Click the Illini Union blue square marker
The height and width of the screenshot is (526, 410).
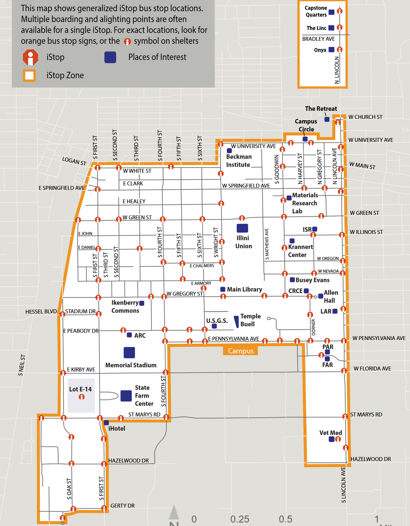point(242,228)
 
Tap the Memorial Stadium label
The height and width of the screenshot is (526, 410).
point(131,365)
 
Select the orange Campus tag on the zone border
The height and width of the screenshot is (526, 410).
point(241,351)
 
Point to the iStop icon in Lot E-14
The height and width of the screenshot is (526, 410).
point(82,397)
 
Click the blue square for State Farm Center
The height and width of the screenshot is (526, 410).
point(126,396)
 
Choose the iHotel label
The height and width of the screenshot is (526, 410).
point(117,429)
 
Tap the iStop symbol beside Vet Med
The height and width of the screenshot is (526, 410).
point(338,439)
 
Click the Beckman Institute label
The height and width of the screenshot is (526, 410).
point(239,161)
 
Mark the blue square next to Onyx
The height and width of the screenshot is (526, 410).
point(331,49)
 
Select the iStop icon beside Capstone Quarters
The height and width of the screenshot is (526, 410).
point(340,11)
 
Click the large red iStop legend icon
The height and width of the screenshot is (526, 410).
point(31,58)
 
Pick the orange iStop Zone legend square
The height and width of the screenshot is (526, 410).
point(29,75)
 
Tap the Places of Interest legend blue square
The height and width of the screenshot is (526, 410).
point(110,57)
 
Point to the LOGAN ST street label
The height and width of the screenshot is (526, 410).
point(74,161)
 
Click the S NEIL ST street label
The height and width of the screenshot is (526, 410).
point(22,365)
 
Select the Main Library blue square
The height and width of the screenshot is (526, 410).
point(223,289)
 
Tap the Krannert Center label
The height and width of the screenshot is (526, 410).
point(300,251)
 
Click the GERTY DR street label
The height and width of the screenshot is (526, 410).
point(122,505)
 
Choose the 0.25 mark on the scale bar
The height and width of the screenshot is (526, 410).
point(240,519)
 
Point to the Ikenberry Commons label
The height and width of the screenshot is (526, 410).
point(125,307)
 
